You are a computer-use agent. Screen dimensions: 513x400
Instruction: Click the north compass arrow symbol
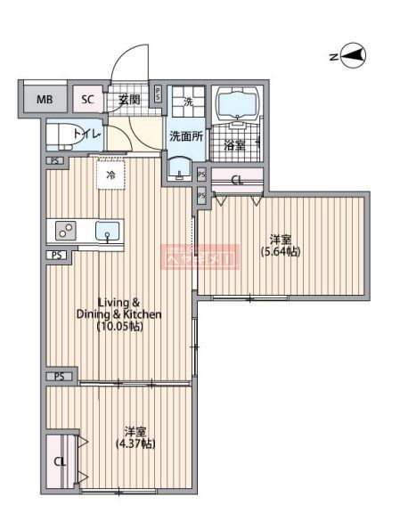point(354,56)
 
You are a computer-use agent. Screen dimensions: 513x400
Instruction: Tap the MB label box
point(44,100)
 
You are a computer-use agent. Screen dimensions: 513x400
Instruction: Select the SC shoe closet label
point(87,100)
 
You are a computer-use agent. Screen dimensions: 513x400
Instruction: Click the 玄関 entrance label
point(129,100)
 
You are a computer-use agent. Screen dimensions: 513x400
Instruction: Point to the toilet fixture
point(67,135)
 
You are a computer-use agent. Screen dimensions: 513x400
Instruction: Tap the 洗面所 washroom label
point(186,136)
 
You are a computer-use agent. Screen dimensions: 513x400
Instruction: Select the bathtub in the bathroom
point(238,103)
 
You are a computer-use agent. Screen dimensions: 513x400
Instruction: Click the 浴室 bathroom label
point(234,144)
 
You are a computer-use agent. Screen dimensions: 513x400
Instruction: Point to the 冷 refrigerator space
point(111,175)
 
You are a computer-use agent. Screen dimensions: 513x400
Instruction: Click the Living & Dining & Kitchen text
point(128,308)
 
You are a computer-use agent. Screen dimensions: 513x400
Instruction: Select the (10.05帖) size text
point(121,326)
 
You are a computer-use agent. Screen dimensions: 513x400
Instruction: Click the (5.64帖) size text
point(280,252)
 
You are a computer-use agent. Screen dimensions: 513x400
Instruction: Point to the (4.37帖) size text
point(135,444)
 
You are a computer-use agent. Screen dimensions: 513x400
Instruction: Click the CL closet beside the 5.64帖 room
point(236,180)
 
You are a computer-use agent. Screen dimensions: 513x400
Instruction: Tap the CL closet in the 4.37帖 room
point(59,461)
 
